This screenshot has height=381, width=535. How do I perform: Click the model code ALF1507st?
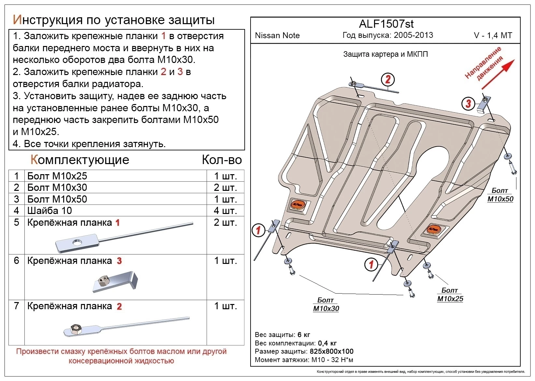click(386, 24)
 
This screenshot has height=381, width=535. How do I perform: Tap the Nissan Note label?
click(277, 36)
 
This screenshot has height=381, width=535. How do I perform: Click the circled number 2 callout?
click(388, 79)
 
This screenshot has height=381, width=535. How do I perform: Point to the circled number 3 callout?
click(468, 104)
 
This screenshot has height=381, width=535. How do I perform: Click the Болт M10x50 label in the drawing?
click(500, 195)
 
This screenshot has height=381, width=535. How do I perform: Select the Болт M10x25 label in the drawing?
click(450, 295)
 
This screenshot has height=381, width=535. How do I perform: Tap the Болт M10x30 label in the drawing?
click(326, 305)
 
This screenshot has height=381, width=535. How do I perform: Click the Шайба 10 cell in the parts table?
click(50, 211)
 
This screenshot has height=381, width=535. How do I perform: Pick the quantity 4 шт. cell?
click(225, 211)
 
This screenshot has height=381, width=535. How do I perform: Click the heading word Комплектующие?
click(80, 160)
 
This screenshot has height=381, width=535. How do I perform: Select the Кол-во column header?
click(222, 160)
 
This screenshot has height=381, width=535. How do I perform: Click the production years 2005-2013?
click(413, 36)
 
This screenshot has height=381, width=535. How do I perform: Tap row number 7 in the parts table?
click(17, 306)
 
